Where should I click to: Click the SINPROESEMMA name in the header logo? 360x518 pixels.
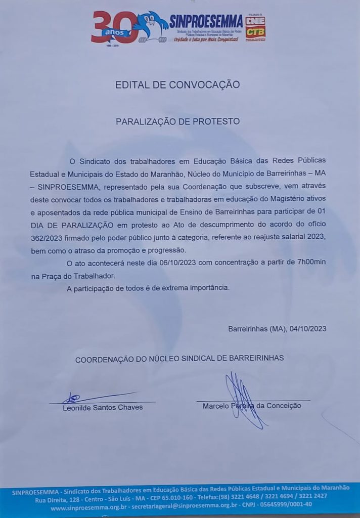[206, 21]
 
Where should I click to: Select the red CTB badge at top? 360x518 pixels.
[255, 32]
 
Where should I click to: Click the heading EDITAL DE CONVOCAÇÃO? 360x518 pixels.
[177, 85]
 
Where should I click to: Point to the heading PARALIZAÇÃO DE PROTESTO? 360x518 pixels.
[177, 121]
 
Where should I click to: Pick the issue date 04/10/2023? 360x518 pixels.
[308, 328]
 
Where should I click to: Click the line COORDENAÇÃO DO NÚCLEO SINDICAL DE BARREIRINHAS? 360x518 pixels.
[179, 358]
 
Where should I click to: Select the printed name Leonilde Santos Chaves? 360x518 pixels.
[103, 407]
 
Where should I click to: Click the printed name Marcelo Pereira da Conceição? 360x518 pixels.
[252, 406]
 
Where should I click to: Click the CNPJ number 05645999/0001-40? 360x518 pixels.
[286, 504]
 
